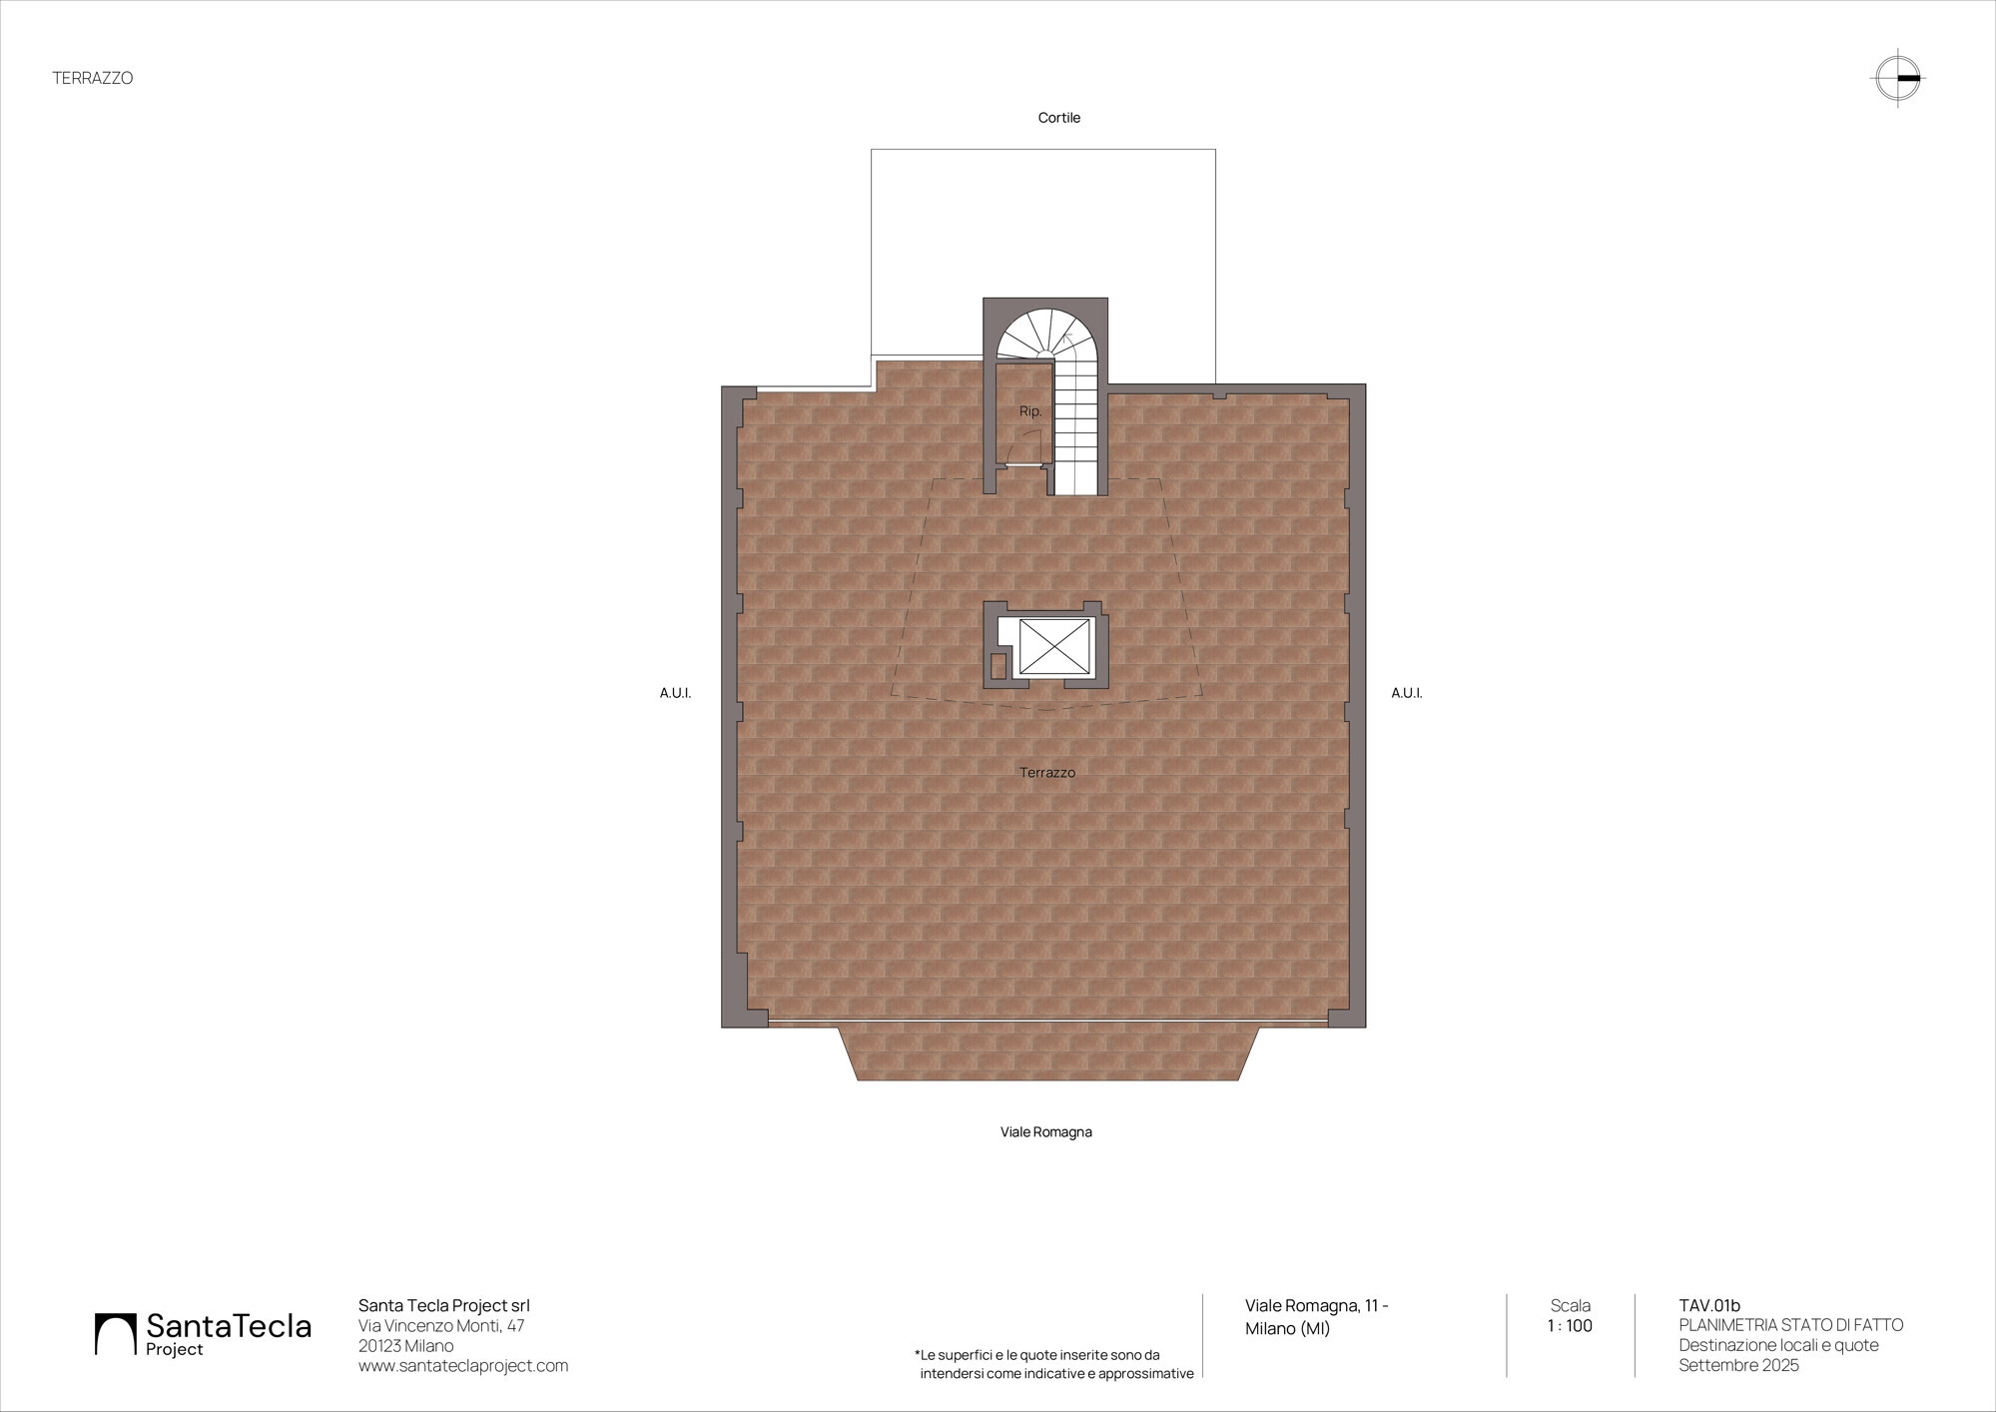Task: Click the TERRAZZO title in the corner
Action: pos(93,78)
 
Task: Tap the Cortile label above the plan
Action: pos(1059,118)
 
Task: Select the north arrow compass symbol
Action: pos(1898,78)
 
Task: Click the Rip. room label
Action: pos(1030,411)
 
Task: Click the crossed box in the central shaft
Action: pos(1054,647)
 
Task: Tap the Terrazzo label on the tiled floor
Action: pos(1047,773)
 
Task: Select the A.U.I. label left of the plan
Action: pos(675,693)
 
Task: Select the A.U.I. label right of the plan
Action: pos(1407,693)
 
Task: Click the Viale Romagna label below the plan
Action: pos(1046,1132)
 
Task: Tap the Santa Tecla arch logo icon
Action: pos(115,1334)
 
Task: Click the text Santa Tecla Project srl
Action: pos(444,1306)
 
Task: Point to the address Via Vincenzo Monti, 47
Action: pos(441,1326)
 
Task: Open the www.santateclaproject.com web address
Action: pos(463,1366)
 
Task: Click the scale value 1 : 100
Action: pos(1570,1326)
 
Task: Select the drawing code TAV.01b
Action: pos(1709,1306)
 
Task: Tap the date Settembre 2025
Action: pos(1738,1366)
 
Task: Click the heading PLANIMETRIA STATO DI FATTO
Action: pos(1791,1326)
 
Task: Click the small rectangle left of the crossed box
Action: pos(998,666)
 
